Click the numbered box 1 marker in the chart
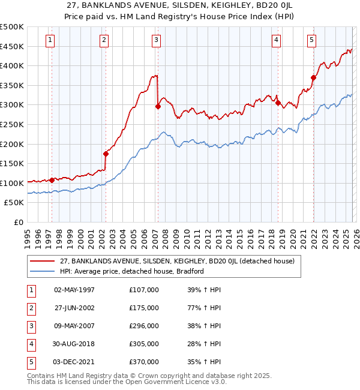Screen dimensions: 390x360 click(x=49, y=40)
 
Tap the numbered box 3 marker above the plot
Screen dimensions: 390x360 click(x=156, y=40)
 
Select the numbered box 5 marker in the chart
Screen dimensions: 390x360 click(x=312, y=40)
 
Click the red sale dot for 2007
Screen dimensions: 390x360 click(x=158, y=107)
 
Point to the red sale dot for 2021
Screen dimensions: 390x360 click(x=313, y=77)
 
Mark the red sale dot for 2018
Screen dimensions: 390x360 click(x=278, y=103)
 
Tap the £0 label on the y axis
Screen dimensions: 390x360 click(x=18, y=222)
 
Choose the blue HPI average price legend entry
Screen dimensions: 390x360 click(x=132, y=271)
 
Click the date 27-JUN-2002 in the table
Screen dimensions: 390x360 click(x=74, y=308)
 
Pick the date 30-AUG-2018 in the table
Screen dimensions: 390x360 click(x=74, y=344)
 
